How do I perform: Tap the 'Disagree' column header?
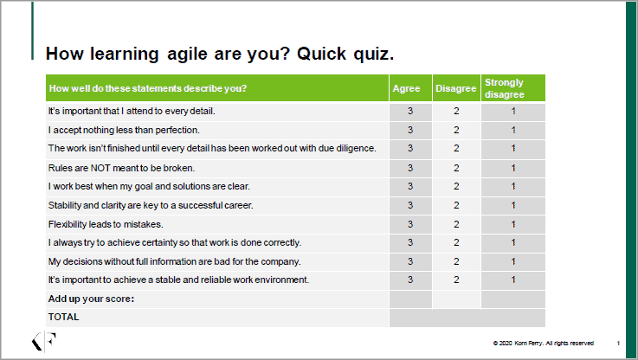coord(455,88)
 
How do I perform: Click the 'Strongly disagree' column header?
coord(512,88)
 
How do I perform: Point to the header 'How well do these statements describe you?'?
coord(148,88)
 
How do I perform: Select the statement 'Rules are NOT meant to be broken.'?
coord(121,168)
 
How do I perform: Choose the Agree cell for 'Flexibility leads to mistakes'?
coord(410,224)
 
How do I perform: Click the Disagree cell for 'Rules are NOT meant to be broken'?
coord(456,168)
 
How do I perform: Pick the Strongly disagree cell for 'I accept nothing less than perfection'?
coord(513,130)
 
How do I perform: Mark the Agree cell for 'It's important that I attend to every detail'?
coord(410,111)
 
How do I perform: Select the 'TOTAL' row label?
coord(63,317)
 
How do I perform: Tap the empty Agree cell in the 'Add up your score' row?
coord(410,299)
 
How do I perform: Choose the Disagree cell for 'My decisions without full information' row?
coord(456,261)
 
